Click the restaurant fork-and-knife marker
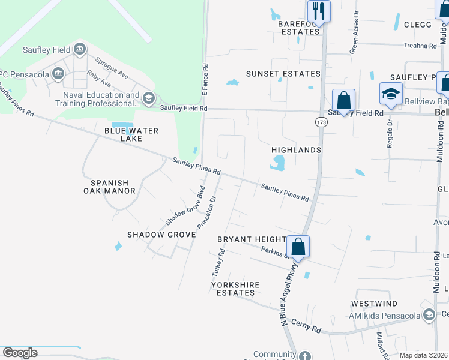point(318,11)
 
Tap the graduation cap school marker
point(390,94)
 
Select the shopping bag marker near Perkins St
point(298,246)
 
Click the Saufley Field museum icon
point(79,50)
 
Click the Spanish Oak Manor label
point(113,187)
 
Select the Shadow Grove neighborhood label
point(161,234)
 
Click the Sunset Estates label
point(283,74)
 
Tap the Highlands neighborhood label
point(296,150)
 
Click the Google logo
point(20,353)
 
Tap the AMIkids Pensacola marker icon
point(429,315)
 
